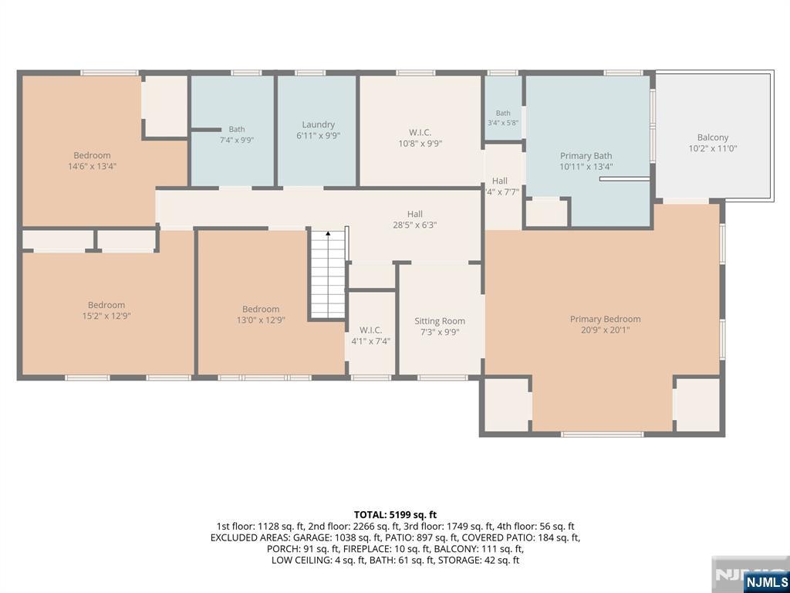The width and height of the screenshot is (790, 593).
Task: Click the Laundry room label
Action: pos(319,124)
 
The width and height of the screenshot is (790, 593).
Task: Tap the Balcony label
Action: pos(713,137)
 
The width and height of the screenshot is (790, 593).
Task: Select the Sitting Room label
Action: pos(440,321)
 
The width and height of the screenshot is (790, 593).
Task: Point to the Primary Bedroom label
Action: pos(605,319)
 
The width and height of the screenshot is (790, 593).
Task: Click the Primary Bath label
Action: pos(586,156)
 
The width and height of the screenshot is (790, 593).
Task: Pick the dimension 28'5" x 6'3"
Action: pos(414,225)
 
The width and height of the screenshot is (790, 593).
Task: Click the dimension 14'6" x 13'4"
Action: pos(93,167)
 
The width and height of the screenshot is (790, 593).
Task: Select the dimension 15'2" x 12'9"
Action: pos(106,316)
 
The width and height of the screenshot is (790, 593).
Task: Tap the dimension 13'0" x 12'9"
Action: pos(261,320)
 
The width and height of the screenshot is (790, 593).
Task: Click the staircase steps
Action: pos(327,275)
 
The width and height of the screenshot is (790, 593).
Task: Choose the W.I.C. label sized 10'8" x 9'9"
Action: pos(420,133)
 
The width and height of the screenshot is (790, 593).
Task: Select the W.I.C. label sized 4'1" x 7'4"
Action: pos(371,330)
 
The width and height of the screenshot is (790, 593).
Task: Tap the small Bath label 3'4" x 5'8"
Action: pos(503,114)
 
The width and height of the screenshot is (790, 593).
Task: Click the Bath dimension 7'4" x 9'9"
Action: pos(237,141)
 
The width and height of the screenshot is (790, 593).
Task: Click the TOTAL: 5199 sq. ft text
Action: pos(395,515)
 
